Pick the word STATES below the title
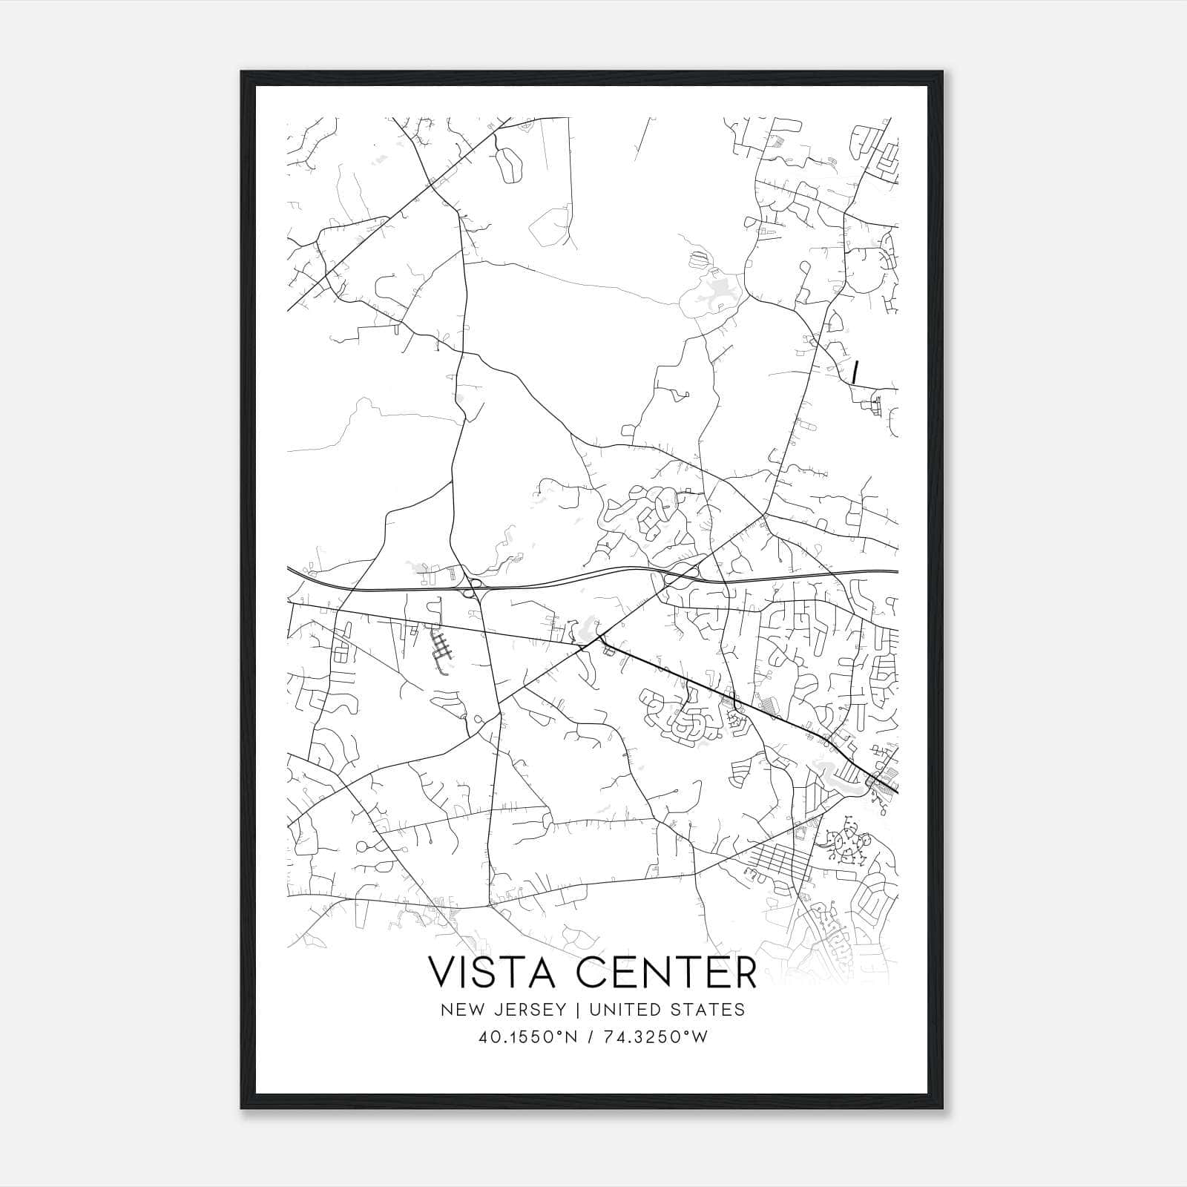click(710, 1009)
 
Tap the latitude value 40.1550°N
click(526, 1036)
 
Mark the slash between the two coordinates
click(591, 1036)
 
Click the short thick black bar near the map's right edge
click(855, 372)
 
